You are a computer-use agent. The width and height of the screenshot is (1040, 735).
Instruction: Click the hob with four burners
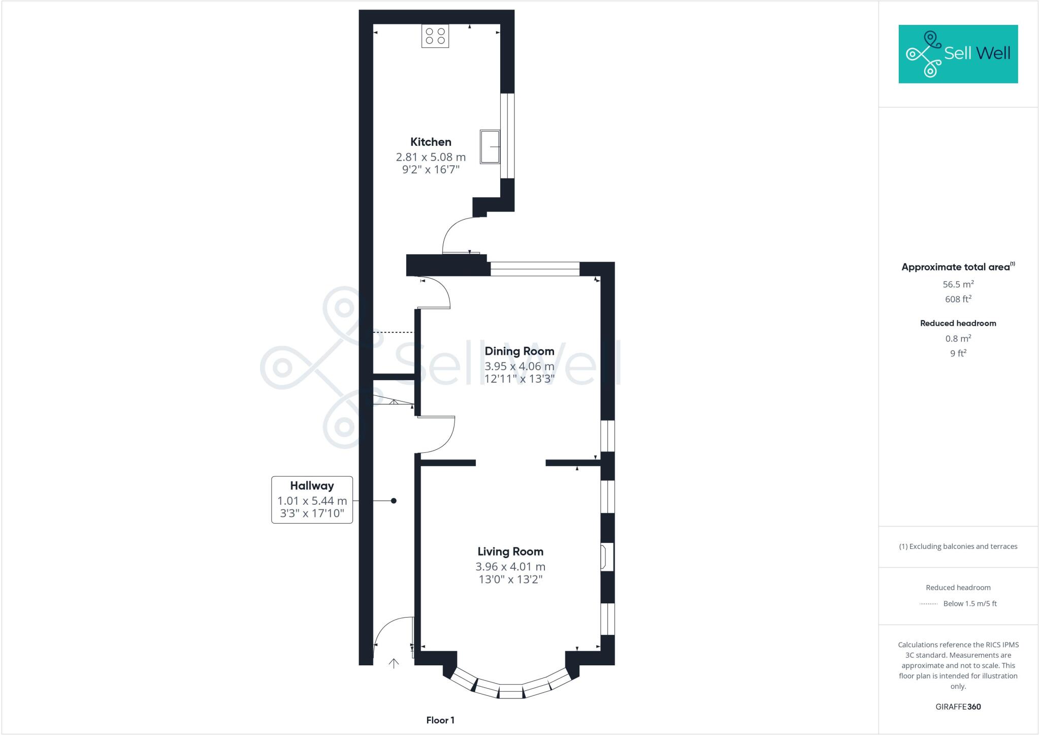pos(435,36)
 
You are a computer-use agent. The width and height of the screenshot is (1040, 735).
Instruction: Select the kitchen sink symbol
pos(490,147)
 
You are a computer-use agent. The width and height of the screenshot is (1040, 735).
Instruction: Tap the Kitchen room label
pos(431,142)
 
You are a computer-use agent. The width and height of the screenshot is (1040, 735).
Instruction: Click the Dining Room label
pos(519,351)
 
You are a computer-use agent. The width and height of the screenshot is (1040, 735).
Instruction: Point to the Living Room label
pos(510,552)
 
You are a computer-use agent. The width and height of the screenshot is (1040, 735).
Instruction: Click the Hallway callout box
pos(312,500)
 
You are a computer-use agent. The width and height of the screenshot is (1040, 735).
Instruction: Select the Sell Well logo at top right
pos(958,54)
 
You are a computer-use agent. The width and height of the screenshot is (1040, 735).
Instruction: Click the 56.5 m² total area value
pos(958,284)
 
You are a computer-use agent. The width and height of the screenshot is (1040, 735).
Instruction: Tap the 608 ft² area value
pos(958,299)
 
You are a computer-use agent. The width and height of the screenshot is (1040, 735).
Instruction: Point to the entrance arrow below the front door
pos(394,663)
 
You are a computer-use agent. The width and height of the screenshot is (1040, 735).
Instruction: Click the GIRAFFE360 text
pos(958,707)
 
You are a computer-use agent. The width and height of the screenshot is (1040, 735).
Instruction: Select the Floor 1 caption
pos(440,720)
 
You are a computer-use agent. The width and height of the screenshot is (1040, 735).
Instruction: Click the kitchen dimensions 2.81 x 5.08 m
pos(431,157)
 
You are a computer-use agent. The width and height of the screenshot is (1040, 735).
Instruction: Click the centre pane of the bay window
pos(511,691)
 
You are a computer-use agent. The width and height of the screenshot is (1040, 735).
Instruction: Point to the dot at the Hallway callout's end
pos(394,501)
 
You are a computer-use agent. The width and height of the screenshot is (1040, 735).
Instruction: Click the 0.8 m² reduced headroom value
pos(958,339)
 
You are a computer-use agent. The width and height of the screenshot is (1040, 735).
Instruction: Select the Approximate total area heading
pos(955,267)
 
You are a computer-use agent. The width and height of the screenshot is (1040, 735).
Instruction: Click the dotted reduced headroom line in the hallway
pos(394,332)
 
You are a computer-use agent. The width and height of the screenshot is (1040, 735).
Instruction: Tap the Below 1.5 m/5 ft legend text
pos(969,604)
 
